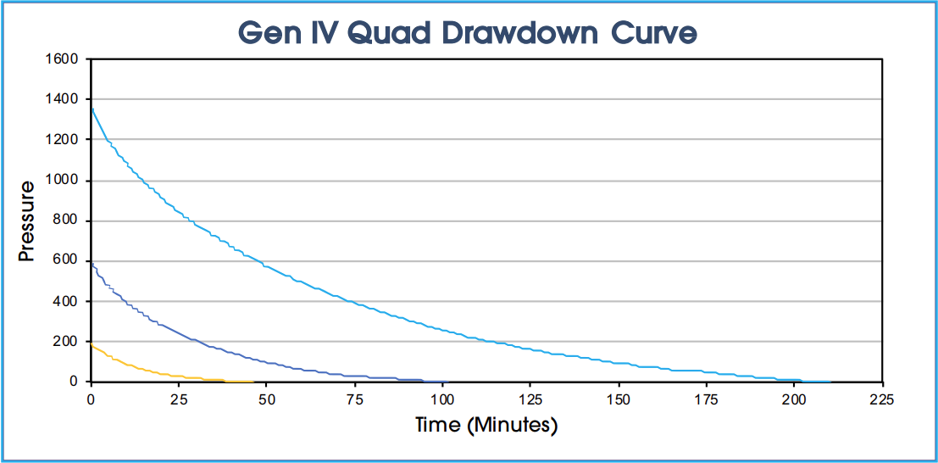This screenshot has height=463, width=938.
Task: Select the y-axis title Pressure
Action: pos(27,220)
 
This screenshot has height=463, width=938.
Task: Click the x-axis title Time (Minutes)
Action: pos(486,425)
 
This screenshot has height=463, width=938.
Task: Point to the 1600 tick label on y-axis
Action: pos(63,59)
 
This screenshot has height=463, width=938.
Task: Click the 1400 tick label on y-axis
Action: pos(63,99)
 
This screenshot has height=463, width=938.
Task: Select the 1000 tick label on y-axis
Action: pos(63,181)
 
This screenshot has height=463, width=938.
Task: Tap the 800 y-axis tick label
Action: pos(66,220)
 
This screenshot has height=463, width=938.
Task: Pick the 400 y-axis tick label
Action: pos(66,301)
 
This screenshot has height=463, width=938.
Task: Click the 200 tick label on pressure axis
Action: pos(66,342)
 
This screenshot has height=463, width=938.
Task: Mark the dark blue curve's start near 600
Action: pos(92,262)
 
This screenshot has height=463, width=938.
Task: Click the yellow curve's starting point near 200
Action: pos(92,344)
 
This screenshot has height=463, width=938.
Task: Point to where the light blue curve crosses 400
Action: pos(348,301)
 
